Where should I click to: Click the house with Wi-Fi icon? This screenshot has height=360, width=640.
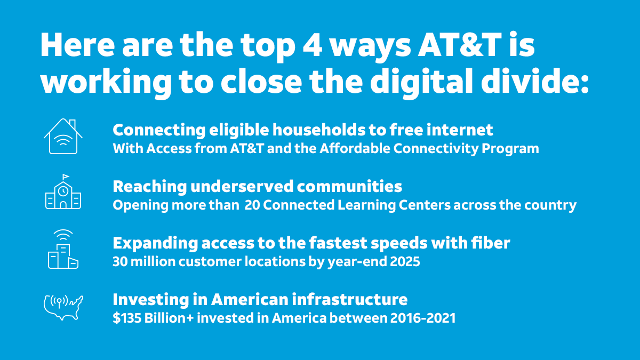[x=63, y=137]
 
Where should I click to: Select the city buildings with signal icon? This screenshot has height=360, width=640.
[x=63, y=250]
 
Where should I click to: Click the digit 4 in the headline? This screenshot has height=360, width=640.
[x=310, y=47]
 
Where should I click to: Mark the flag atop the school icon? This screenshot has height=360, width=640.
[x=66, y=177]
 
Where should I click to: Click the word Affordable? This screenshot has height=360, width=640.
[x=354, y=149]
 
